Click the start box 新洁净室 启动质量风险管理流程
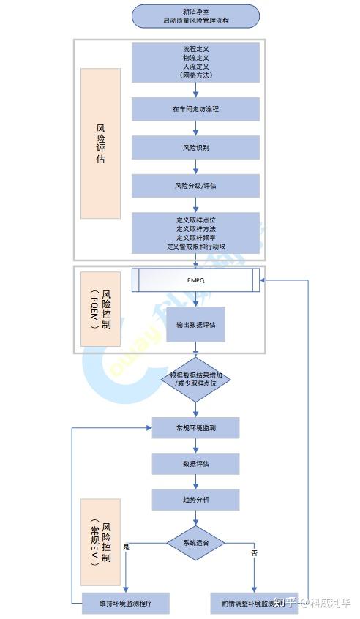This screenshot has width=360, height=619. click(195, 16)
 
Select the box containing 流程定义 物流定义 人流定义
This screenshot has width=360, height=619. click(195, 61)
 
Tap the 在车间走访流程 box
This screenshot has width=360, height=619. click(195, 109)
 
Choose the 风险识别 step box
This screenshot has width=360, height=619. click(195, 147)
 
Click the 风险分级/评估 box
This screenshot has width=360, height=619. click(195, 185)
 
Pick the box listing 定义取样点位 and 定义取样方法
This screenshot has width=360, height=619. click(195, 233)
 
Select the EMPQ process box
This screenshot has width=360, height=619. click(195, 279)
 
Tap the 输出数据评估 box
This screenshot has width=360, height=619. click(195, 324)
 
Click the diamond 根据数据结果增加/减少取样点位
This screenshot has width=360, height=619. click(195, 379)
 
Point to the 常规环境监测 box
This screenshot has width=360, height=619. click(195, 427)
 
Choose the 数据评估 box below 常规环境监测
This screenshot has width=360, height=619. click(195, 464)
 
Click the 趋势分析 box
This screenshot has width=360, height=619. click(195, 500)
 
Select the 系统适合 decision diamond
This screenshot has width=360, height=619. click(195, 543)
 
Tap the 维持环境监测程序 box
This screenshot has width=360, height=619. click(125, 603)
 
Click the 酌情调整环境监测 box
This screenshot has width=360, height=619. click(253, 603)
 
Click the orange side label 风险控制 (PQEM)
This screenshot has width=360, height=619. click(100, 309)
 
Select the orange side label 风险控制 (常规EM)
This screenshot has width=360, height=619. click(100, 541)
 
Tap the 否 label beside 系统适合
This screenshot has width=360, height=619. click(254, 553)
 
